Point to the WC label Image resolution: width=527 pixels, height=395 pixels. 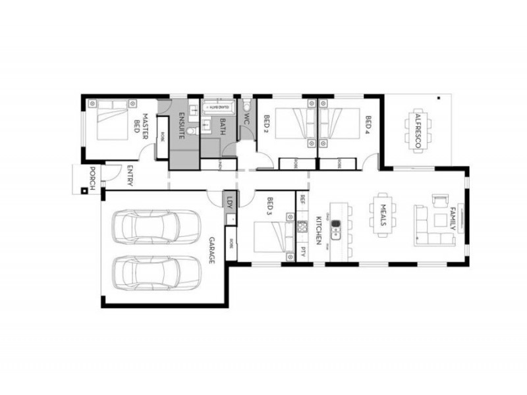(246, 120)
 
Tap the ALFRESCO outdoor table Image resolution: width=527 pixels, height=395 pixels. (418, 130)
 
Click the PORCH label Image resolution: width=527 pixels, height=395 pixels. (93, 178)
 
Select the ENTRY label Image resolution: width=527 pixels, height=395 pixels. (129, 176)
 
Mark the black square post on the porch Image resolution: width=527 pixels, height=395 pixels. (84, 192)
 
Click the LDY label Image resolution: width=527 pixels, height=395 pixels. (230, 201)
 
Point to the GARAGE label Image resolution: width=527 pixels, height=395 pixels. (213, 250)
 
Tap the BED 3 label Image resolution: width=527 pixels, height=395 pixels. (269, 206)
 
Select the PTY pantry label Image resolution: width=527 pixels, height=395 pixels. (302, 251)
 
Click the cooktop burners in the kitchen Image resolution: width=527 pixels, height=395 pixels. (302, 227)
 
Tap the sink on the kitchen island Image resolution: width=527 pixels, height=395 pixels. (335, 228)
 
